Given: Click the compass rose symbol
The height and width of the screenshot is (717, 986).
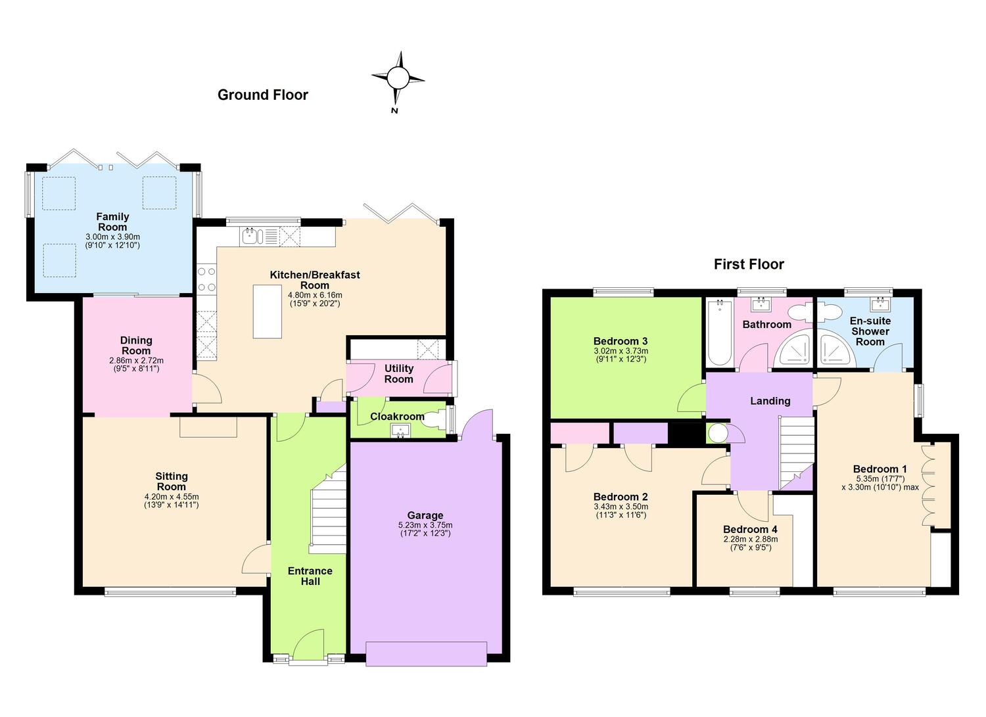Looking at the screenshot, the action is click(x=398, y=78).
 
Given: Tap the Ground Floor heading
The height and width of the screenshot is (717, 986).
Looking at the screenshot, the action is click(x=263, y=95).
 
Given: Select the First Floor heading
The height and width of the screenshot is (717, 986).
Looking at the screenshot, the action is click(x=749, y=264).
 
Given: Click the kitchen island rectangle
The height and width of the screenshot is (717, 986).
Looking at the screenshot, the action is click(x=267, y=312).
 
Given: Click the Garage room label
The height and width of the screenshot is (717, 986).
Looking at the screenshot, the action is click(x=425, y=515).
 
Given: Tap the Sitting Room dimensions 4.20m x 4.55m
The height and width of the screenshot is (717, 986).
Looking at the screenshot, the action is click(x=171, y=497).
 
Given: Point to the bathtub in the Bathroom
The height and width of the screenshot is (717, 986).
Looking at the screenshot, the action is click(x=720, y=333).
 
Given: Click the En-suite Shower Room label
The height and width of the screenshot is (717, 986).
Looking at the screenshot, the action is click(x=870, y=331).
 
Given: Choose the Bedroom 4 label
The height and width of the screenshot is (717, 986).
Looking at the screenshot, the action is click(x=750, y=529).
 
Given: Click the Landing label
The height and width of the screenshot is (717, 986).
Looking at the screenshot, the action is click(x=770, y=400).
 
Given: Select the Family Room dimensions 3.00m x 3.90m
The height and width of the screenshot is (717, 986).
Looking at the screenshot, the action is click(x=112, y=237).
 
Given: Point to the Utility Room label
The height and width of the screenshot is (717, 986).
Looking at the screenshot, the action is click(x=399, y=374).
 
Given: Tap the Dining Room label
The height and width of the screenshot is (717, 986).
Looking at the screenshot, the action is click(x=136, y=346).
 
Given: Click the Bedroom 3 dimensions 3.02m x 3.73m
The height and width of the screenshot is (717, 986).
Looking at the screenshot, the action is click(x=621, y=351).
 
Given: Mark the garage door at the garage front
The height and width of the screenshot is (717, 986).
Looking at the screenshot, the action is click(x=426, y=654).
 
